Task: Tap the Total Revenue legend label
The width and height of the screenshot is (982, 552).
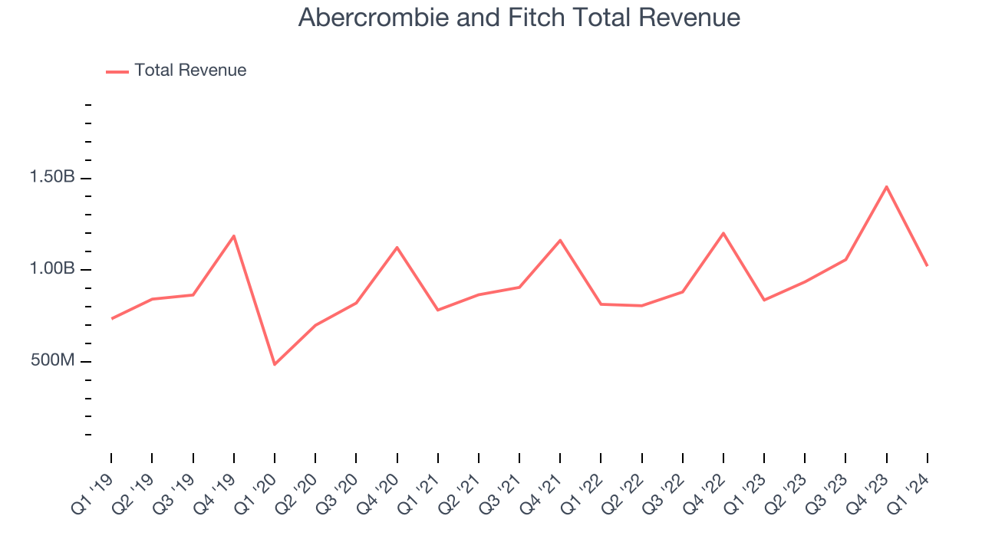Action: coord(190,71)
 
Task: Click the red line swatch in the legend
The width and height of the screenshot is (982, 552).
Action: coord(117,71)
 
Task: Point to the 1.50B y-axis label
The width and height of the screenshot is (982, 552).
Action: coord(52,177)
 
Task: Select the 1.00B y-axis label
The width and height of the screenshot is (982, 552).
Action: coord(52,269)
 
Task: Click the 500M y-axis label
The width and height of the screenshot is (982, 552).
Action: coord(53,360)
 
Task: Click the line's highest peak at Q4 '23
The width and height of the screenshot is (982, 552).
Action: coord(886,186)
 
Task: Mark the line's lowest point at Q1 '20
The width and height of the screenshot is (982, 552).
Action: coord(275,364)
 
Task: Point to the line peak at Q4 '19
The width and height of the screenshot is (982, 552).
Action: coord(233,235)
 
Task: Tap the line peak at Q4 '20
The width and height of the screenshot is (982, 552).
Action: coord(397,247)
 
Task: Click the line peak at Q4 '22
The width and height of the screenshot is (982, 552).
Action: coord(723,233)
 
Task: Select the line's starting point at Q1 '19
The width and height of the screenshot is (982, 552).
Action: coord(111,318)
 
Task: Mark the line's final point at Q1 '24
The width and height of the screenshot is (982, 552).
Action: coord(927,265)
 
